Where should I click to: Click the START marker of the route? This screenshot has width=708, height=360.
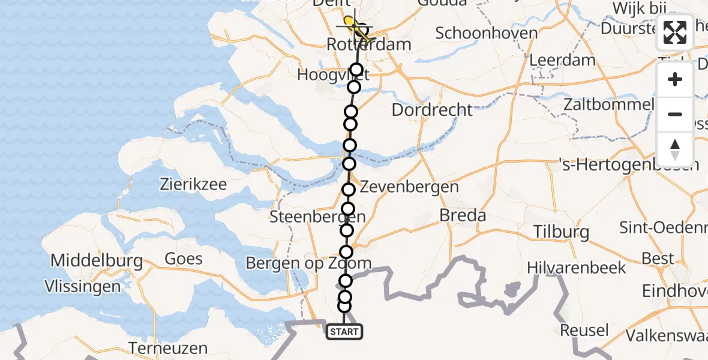click(x=344, y=332)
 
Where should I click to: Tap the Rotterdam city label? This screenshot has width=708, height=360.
click(x=369, y=44)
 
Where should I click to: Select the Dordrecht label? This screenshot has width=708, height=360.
click(x=432, y=110)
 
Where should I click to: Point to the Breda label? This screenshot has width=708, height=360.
click(x=463, y=215)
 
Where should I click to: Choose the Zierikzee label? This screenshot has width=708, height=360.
click(x=193, y=184)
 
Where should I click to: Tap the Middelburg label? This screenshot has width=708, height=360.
click(x=97, y=260)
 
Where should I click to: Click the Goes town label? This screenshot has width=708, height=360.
click(x=184, y=259)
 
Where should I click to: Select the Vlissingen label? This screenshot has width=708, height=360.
click(x=83, y=287)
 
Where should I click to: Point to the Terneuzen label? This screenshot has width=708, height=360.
click(x=169, y=348)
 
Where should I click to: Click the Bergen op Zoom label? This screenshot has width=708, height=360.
click(x=308, y=263)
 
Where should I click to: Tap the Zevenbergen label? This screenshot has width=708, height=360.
click(x=409, y=187)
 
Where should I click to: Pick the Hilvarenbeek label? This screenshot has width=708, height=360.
click(x=577, y=268)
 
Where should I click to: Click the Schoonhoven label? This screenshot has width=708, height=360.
click(x=487, y=32)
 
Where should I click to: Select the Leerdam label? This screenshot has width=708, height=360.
click(x=562, y=60)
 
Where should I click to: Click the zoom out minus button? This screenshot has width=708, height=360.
click(x=675, y=114)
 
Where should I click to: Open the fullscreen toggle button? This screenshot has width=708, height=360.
click(x=675, y=32)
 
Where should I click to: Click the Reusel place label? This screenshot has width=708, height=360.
click(x=584, y=330)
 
